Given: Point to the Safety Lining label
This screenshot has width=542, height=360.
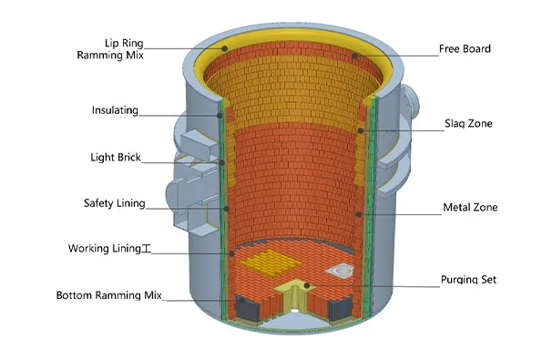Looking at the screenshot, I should coord(114,203).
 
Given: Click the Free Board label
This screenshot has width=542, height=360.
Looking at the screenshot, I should coord(464,48).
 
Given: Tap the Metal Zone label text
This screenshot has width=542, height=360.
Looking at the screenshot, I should coord(469,208).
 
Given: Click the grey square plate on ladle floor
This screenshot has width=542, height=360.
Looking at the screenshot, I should coord(344,270).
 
